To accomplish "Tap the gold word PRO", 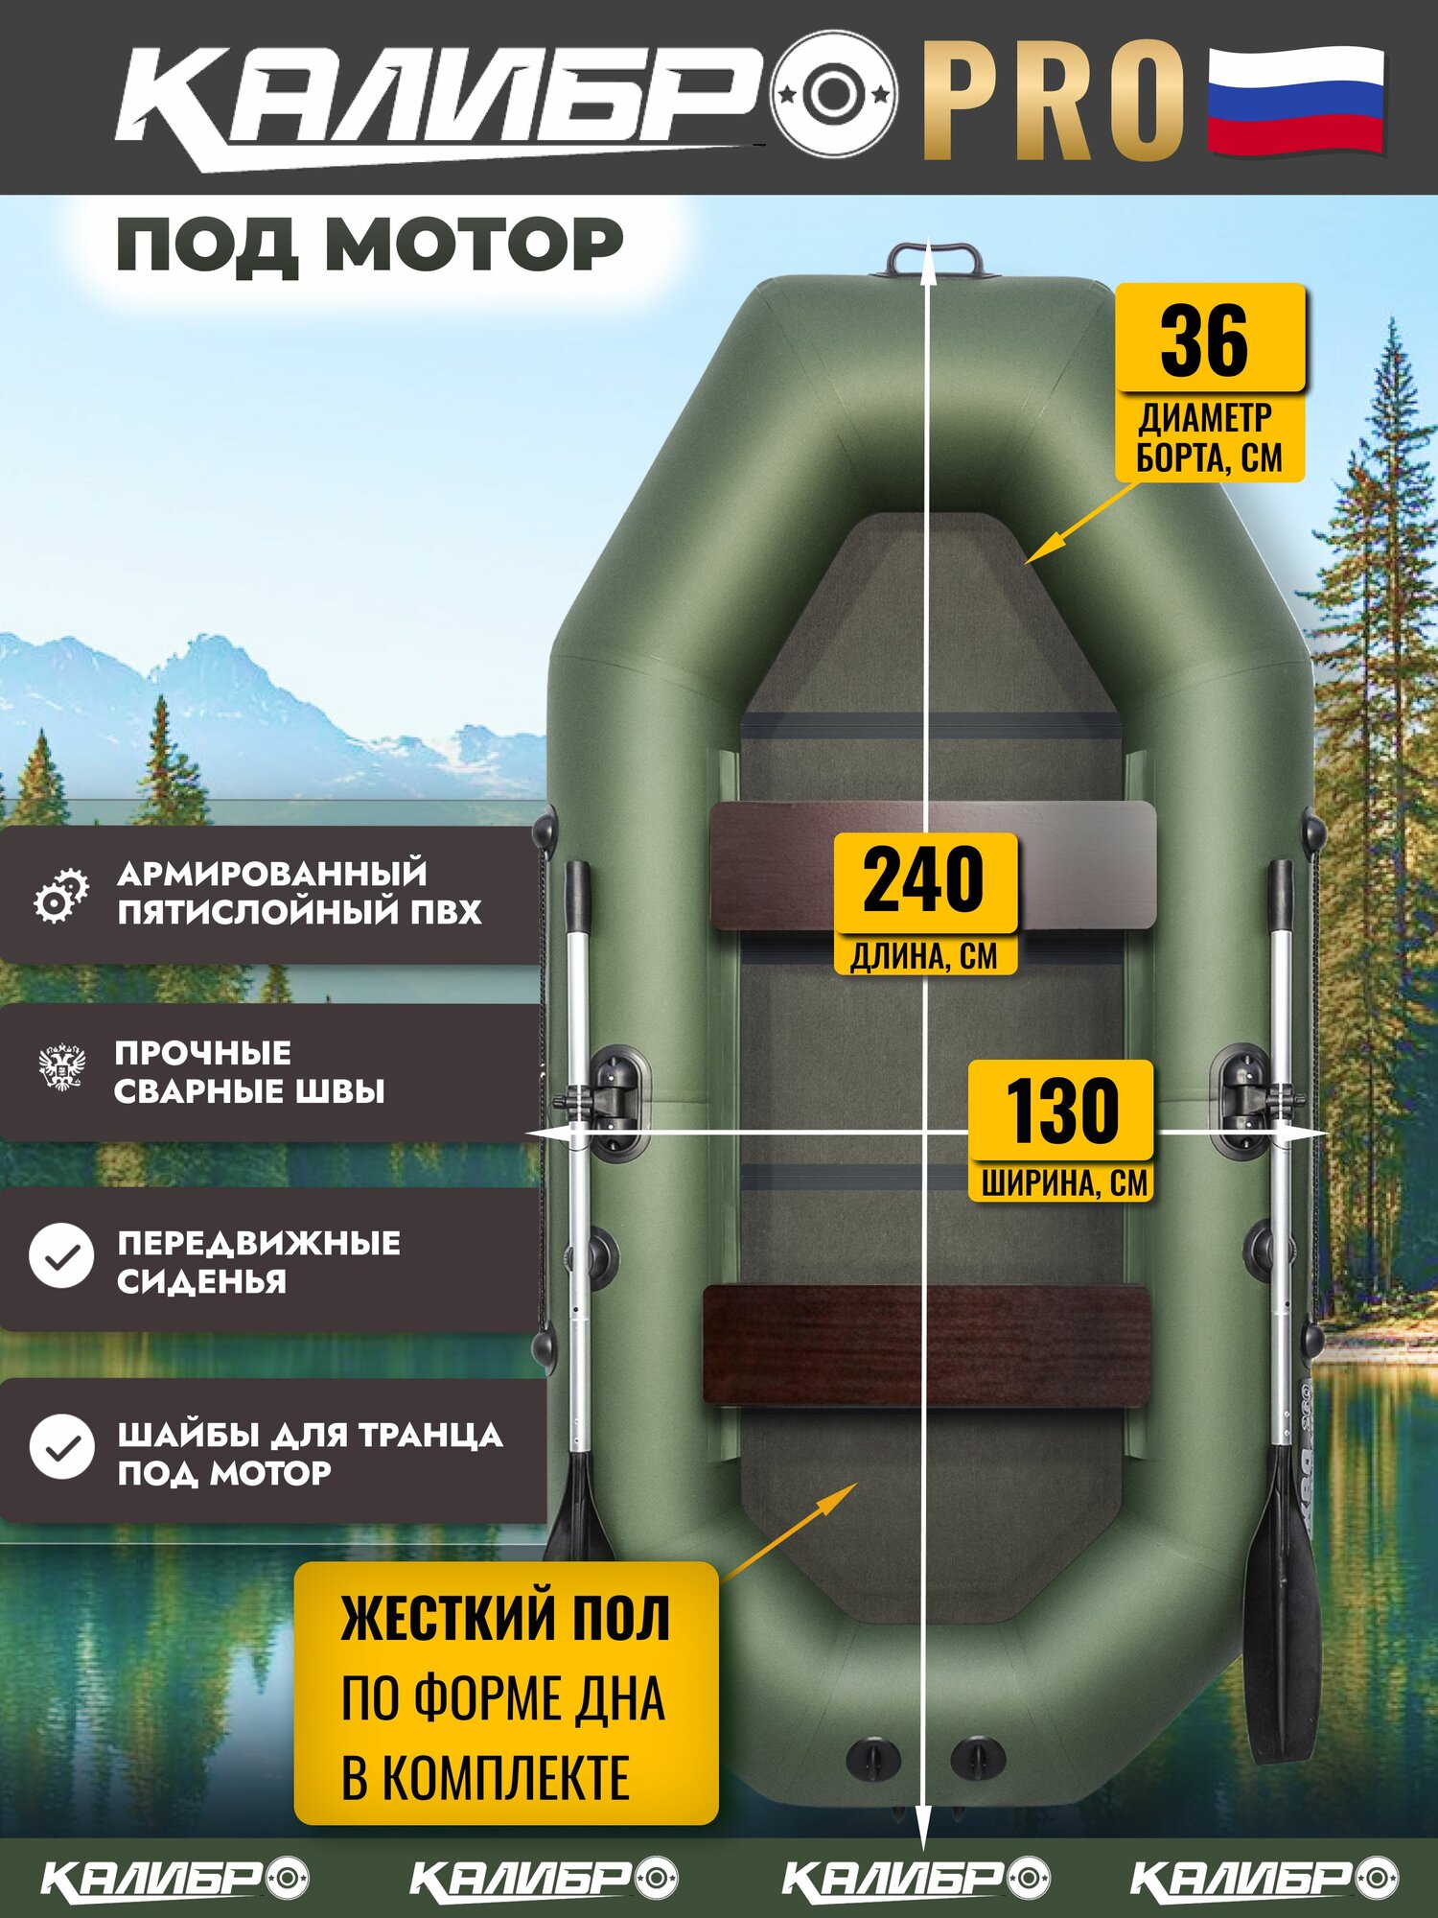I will [1054, 101].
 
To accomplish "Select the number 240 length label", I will [923, 879].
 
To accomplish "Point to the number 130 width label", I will [1061, 1110].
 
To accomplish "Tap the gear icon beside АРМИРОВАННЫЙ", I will [60, 897].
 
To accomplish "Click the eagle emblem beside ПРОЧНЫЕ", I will [61, 1067].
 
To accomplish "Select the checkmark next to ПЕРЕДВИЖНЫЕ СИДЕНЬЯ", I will [61, 1255].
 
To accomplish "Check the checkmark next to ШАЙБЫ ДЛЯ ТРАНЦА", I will [61, 1447].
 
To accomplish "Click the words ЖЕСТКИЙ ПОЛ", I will [505, 1619].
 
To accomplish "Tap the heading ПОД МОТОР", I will [369, 245].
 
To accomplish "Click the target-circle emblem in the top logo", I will [835, 94].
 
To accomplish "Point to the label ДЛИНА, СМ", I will [924, 956].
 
